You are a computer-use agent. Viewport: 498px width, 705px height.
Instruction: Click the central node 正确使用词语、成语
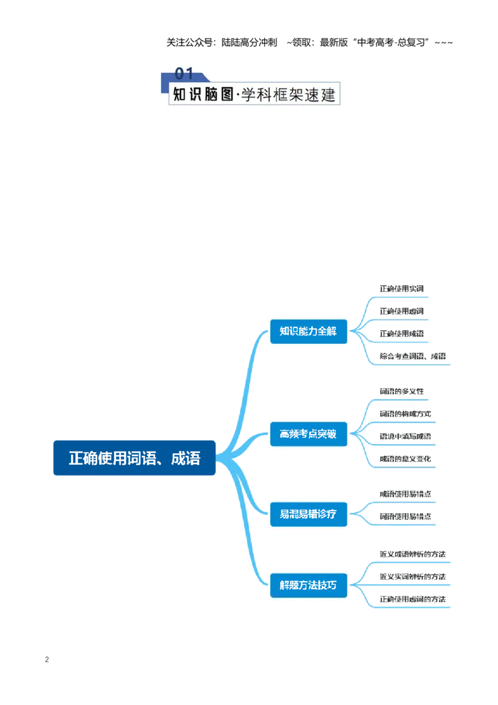(134, 458)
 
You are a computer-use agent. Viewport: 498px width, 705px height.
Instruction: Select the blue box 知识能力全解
(308, 331)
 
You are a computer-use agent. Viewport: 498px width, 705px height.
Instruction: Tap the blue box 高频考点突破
(308, 434)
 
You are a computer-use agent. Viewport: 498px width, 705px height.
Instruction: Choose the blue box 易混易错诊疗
(308, 514)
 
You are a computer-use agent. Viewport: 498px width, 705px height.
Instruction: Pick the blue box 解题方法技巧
(308, 585)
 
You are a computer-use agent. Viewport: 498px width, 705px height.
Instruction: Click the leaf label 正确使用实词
(402, 288)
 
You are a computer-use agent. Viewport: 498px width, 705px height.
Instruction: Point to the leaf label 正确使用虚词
(402, 311)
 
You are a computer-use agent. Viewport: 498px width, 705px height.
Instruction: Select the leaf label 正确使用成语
(402, 334)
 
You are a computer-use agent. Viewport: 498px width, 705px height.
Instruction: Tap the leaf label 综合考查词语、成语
(413, 356)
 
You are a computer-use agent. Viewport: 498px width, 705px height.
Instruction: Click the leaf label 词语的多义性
(402, 391)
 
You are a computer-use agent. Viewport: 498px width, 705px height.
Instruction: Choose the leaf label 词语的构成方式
(405, 414)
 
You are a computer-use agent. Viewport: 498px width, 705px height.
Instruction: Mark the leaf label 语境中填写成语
(405, 436)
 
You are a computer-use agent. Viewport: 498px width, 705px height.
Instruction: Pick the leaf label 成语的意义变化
(405, 458)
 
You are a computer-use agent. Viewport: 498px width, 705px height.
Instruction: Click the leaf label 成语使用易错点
(405, 494)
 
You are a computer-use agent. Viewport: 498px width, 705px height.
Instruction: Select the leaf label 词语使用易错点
(405, 516)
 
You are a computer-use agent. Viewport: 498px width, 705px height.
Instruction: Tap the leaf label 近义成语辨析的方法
(413, 554)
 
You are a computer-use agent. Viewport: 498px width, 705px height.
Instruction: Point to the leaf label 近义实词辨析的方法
(413, 577)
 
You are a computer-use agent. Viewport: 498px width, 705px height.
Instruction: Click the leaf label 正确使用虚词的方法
(413, 599)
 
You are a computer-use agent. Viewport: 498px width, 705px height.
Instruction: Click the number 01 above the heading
(184, 73)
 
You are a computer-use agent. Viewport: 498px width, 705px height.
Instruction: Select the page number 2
(47, 660)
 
